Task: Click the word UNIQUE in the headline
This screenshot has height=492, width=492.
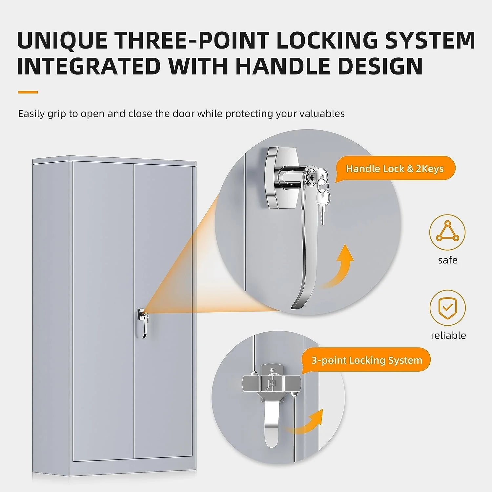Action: (62, 40)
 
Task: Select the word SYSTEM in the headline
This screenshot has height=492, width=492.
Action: (430, 40)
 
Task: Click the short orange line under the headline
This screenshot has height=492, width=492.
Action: (28, 92)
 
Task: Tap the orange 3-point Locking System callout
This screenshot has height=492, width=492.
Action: (367, 360)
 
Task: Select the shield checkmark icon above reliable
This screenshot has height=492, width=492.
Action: (447, 308)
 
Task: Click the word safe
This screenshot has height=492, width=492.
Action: (448, 260)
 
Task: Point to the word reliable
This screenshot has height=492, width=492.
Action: (448, 336)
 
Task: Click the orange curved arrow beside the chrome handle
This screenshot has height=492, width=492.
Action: (338, 269)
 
